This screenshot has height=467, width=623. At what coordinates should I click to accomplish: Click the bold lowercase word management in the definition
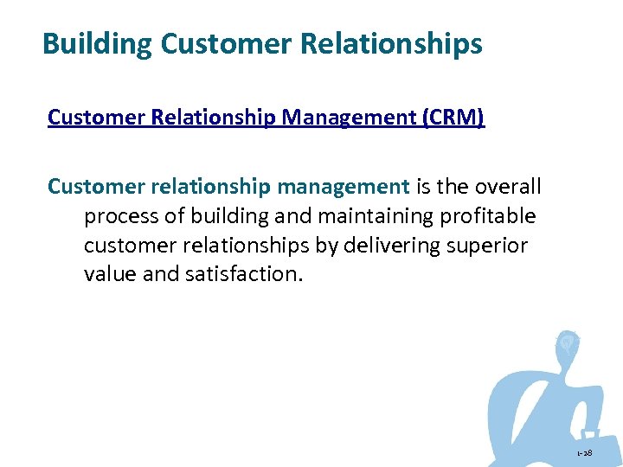click(x=344, y=186)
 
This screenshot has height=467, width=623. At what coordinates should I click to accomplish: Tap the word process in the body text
click(x=120, y=215)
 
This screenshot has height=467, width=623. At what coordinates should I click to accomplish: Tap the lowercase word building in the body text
click(x=227, y=215)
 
